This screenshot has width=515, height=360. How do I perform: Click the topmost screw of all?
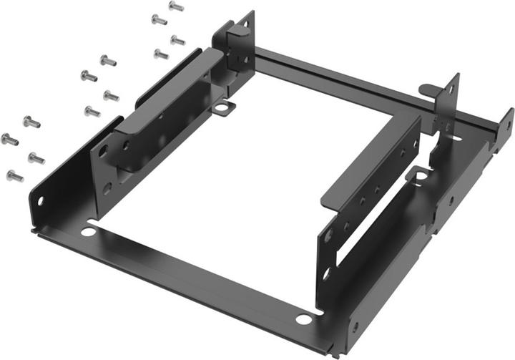click(176, 6)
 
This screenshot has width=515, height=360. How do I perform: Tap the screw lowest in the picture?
click(14, 175)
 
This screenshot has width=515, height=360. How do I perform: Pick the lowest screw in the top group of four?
click(161, 54)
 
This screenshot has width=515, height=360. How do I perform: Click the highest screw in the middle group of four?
click(107, 61)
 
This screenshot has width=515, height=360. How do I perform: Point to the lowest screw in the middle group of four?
click(92, 111)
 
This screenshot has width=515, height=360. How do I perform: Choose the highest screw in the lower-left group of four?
click(31, 122)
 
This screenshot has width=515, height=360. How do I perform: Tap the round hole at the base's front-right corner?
click(304, 319)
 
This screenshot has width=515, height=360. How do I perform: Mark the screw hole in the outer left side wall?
click(40, 201)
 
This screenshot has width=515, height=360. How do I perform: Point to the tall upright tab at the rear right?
click(451, 100)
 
